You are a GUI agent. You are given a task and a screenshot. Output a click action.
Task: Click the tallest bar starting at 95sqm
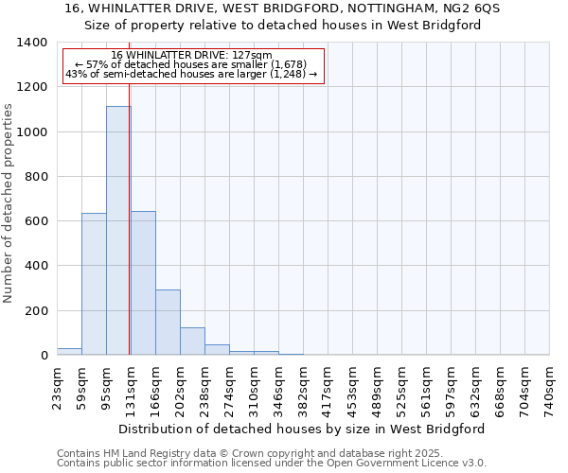[117, 231]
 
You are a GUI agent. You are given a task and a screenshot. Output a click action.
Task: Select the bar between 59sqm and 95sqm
[94, 284]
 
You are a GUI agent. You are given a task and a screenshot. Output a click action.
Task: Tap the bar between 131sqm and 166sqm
[143, 283]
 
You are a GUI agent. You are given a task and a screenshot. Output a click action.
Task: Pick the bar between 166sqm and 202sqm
[168, 323]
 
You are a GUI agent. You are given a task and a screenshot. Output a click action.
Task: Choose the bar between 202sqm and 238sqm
[192, 342]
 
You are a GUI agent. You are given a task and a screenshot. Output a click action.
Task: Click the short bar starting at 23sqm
[69, 352]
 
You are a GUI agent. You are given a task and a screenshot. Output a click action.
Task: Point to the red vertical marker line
[129, 236]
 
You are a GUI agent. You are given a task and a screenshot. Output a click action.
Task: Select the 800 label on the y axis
[35, 177]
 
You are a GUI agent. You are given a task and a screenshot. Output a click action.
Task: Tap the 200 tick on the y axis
[35, 311]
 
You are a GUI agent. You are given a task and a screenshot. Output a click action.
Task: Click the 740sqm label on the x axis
[549, 388]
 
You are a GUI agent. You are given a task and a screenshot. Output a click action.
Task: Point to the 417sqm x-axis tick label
[328, 388]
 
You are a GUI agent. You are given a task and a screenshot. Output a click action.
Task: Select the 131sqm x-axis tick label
[131, 388]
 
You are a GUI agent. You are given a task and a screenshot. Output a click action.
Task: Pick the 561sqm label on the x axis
[426, 388]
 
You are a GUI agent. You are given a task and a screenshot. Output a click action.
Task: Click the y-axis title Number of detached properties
[9, 218]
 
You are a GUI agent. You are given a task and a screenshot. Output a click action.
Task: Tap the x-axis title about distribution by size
[303, 429]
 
